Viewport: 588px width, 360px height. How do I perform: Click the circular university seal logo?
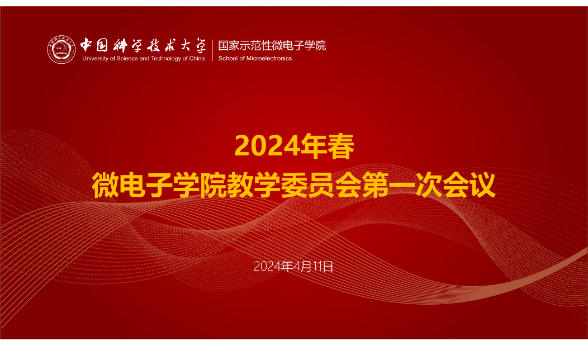pyautogui.click(x=61, y=50)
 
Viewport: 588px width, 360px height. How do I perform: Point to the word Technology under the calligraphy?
pyautogui.click(x=166, y=59)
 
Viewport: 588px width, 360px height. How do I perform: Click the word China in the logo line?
pyautogui.click(x=197, y=59)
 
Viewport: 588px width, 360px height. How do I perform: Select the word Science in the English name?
pyautogui.click(x=127, y=59)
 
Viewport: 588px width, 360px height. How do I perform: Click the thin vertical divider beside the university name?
pyautogui.click(x=212, y=50)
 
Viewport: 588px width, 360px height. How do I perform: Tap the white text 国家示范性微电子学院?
pyautogui.click(x=272, y=46)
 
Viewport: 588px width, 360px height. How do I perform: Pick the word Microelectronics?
pyautogui.click(x=269, y=59)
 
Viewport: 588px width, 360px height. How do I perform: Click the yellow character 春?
pyautogui.click(x=341, y=146)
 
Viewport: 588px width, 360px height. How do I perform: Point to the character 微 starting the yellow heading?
pyautogui.click(x=106, y=185)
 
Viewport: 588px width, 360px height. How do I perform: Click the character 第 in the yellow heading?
pyautogui.click(x=375, y=185)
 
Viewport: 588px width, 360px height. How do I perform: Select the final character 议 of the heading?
pyautogui.click(x=482, y=185)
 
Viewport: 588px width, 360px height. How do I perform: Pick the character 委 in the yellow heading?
pyautogui.click(x=294, y=185)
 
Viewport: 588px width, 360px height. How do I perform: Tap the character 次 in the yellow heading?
pyautogui.click(x=429, y=185)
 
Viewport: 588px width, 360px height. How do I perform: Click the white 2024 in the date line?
pyautogui.click(x=268, y=266)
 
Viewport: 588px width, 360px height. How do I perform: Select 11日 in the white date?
pyautogui.click(x=323, y=266)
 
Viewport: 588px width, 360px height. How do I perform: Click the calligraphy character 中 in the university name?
pyautogui.click(x=86, y=45)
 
